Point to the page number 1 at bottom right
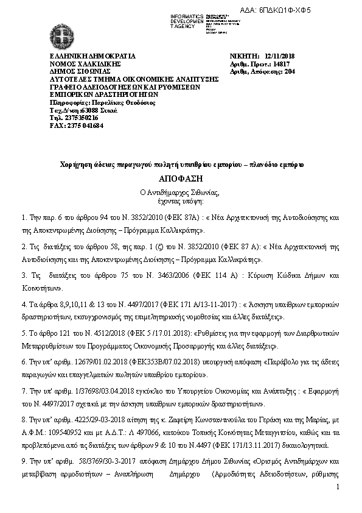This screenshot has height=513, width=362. pyautogui.click(x=337, y=487)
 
